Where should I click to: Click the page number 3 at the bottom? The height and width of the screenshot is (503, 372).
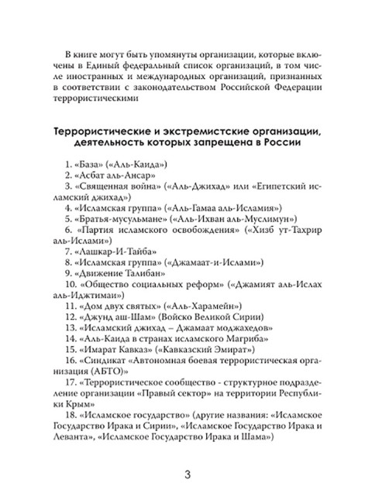[186, 474]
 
